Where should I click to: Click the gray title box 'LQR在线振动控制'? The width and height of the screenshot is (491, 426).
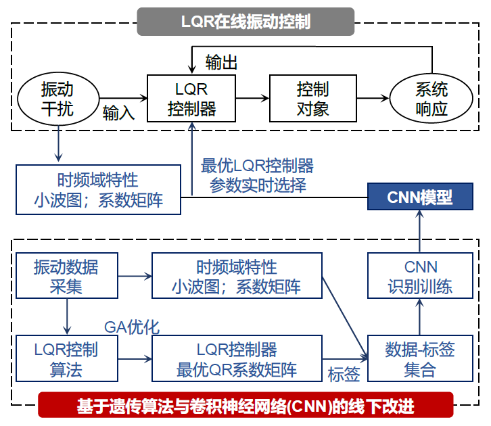[x=245, y=21]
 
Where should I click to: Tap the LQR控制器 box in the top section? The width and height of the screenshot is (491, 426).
[x=191, y=99]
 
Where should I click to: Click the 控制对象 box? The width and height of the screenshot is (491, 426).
[x=312, y=99]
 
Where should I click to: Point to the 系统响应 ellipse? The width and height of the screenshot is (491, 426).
[x=431, y=99]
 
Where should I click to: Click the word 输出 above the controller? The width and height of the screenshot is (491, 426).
[x=221, y=63]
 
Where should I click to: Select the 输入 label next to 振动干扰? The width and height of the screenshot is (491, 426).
[x=118, y=112]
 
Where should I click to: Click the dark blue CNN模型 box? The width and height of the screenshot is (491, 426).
[x=419, y=197]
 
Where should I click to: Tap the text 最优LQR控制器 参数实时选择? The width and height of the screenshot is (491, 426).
[x=258, y=175]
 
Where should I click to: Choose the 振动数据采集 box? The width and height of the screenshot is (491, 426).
[x=66, y=276]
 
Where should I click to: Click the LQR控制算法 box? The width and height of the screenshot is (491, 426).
[x=66, y=359]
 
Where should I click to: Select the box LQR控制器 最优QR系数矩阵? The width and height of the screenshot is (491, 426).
[x=237, y=359]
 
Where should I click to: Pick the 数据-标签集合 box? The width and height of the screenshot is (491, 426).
[x=420, y=359]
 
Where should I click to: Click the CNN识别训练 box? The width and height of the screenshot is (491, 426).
[x=420, y=276]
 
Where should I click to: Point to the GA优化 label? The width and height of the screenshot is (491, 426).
[x=131, y=327]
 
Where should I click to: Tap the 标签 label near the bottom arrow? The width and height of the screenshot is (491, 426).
[x=344, y=374]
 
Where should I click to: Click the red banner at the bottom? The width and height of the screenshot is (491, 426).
[x=245, y=406]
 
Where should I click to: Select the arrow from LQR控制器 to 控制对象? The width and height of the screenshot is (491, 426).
[x=252, y=99]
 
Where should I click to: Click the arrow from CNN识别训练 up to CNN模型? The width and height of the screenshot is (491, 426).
[x=420, y=231]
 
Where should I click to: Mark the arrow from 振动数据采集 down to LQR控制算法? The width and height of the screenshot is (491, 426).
[x=66, y=317]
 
